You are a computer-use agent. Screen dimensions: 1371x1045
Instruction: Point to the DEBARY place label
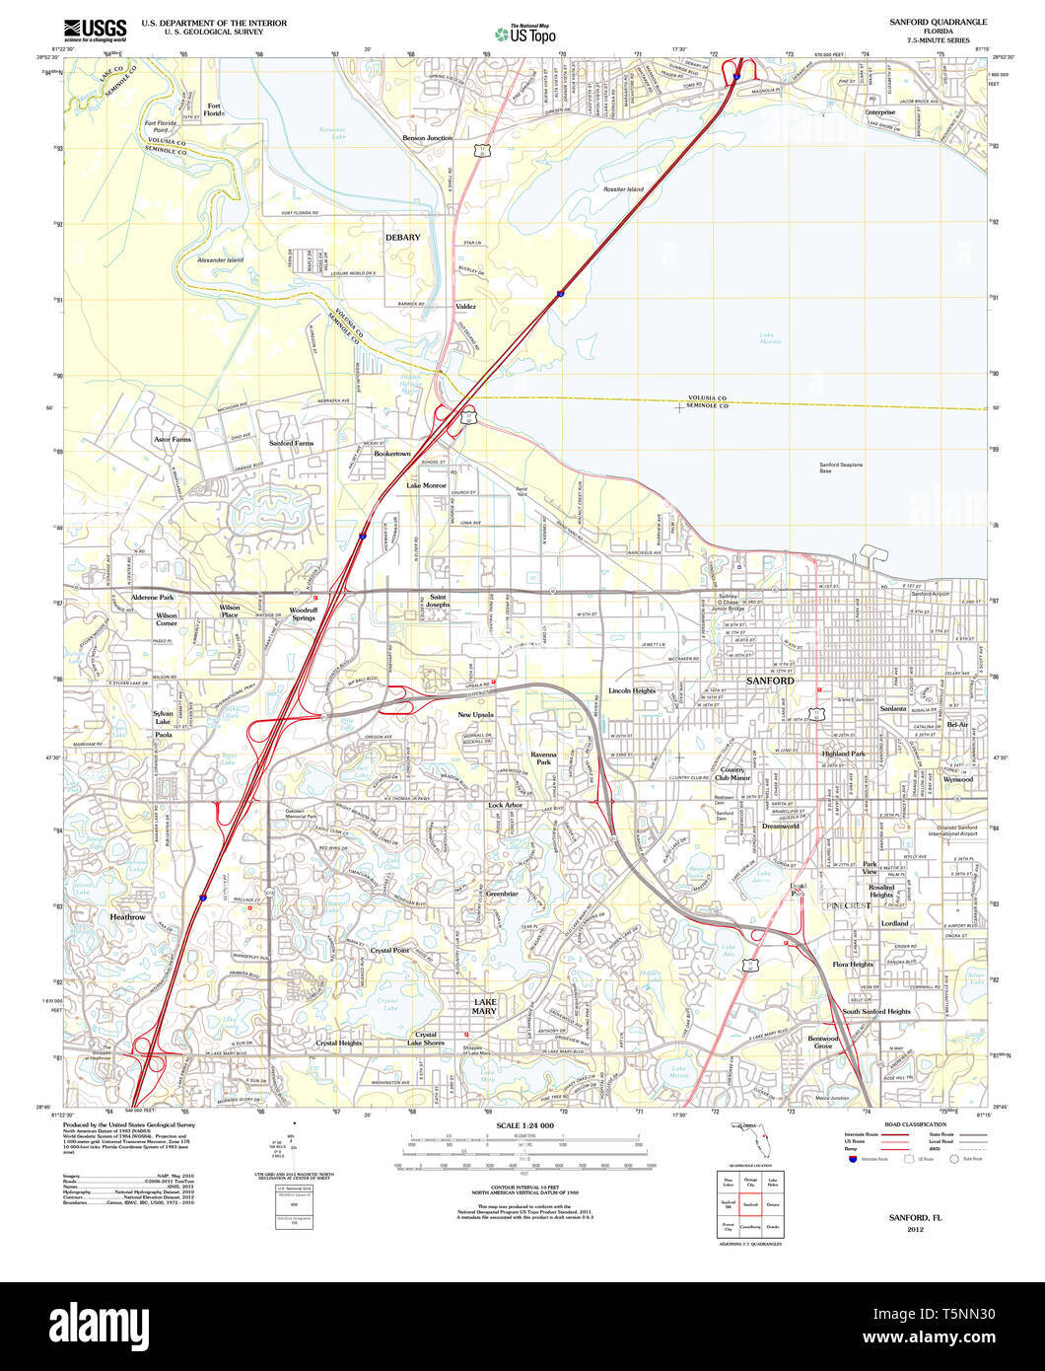pos(402,238)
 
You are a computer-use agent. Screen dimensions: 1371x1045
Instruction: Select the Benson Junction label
pos(427,138)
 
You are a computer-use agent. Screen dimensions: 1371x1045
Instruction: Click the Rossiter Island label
pos(623,189)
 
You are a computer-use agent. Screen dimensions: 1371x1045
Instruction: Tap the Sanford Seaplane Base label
pos(841,468)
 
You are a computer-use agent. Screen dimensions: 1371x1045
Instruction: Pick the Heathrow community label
pos(128,917)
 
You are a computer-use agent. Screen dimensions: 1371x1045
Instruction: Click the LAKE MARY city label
pos(484,1006)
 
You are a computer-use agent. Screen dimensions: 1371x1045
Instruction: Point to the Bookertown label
pos(392,454)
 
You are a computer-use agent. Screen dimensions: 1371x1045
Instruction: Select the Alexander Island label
pos(220,260)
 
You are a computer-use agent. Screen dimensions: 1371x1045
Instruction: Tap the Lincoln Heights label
pos(632,690)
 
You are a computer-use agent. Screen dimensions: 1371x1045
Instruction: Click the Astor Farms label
pos(173,438)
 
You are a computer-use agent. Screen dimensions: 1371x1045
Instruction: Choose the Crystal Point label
pos(390,950)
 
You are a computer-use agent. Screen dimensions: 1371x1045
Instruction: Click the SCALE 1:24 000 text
pos(525,1125)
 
